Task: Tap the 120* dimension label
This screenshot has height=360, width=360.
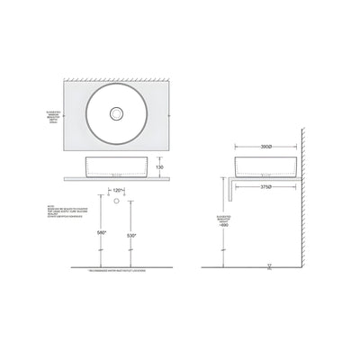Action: point(119,191)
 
